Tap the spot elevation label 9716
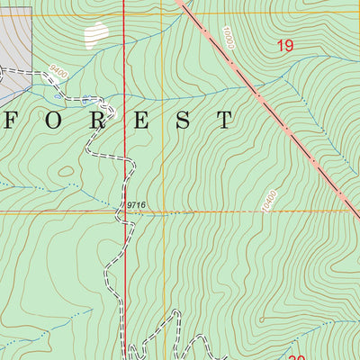pyautogui.click(x=135, y=206)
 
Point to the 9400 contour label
pyautogui.click(x=59, y=69)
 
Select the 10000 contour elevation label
pyautogui.click(x=223, y=39)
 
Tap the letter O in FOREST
pyautogui.click(x=58, y=119)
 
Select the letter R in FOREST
pyautogui.click(x=98, y=119)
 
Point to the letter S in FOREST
pyautogui.click(x=183, y=119)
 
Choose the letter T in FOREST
pyautogui.click(x=223, y=119)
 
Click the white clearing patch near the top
pyautogui.click(x=94, y=35)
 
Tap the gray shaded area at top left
pyautogui.click(x=15, y=36)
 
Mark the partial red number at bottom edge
pyautogui.click(x=298, y=356)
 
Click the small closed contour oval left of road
pyautogui.click(x=65, y=170)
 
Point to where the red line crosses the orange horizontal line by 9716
pyautogui.click(x=124, y=212)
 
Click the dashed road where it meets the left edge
pyautogui.click(x=2, y=68)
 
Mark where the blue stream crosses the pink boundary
pyautogui.click(x=258, y=93)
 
